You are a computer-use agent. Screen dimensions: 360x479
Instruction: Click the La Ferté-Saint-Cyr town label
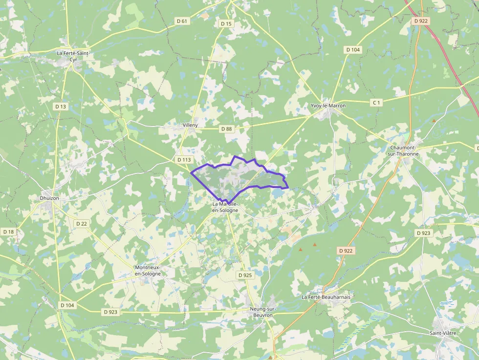(x=74, y=56)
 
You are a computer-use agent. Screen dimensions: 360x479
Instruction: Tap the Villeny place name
(x=190, y=125)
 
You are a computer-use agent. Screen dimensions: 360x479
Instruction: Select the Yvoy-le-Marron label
(x=328, y=106)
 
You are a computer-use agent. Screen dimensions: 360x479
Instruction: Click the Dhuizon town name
(x=49, y=198)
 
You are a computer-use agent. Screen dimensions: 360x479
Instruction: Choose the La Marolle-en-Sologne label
(x=225, y=207)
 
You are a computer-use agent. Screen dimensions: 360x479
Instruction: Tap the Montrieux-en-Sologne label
(x=148, y=271)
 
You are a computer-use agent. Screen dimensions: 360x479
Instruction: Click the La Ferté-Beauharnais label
(x=326, y=296)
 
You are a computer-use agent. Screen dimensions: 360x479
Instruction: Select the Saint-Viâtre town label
(x=443, y=333)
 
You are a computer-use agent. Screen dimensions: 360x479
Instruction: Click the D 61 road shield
(x=182, y=21)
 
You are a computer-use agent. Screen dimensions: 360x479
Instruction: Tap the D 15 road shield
(x=226, y=23)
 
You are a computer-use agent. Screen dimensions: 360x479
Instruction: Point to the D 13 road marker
(x=61, y=106)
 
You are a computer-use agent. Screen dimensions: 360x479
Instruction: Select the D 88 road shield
(x=226, y=129)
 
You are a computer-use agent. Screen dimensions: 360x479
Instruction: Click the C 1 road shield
(x=376, y=103)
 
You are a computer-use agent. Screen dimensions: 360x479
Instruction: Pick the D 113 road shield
(x=184, y=160)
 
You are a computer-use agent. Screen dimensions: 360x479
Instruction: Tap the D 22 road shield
(x=82, y=223)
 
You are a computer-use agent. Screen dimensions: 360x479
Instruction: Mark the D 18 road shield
(x=8, y=232)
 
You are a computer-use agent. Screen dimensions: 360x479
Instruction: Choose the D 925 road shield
(x=245, y=275)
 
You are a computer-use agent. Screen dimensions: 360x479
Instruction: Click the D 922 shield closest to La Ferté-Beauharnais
(x=346, y=250)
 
